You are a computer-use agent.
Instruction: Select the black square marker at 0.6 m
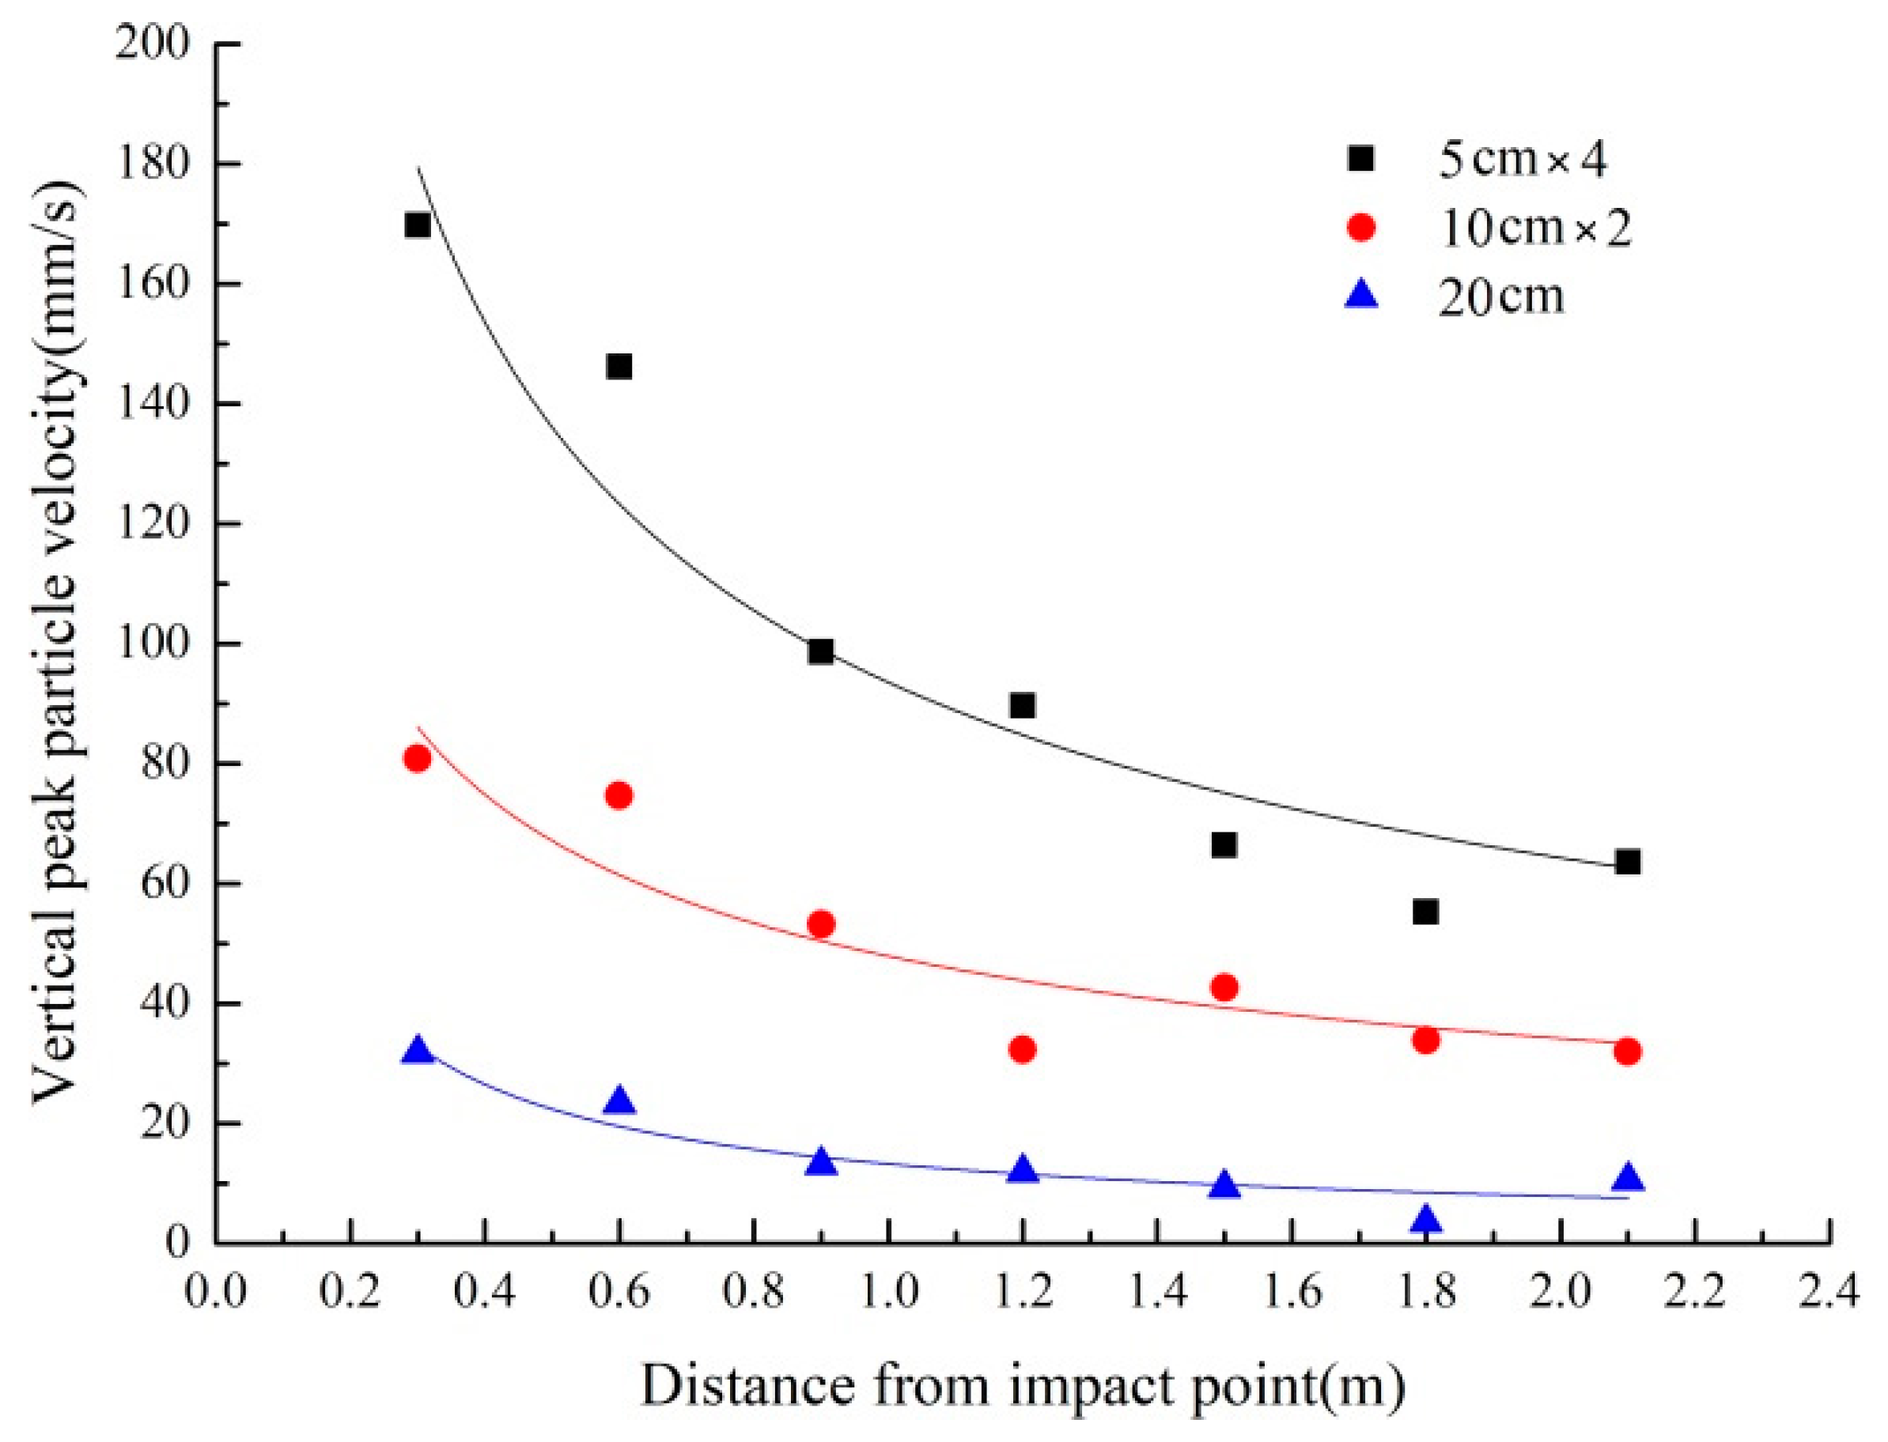[619, 367]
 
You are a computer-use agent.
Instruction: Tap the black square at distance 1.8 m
[1425, 912]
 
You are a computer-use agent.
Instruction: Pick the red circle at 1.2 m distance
[1022, 1049]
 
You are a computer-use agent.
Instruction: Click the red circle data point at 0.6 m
[619, 795]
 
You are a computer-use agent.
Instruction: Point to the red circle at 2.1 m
[1626, 1051]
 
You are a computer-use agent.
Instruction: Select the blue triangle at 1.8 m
[1425, 1220]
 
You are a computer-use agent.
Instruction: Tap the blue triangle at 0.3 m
[418, 1051]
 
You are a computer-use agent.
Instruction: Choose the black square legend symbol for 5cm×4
[1361, 158]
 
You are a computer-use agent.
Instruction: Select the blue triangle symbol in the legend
[1361, 297]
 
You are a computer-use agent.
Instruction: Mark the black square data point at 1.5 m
[1224, 845]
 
